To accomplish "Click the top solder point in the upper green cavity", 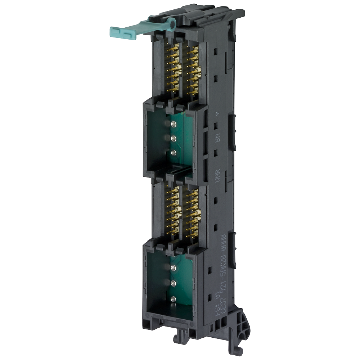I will (x=174, y=124).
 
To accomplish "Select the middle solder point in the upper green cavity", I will (x=174, y=138).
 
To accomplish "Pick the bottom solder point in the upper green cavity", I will (x=174, y=153).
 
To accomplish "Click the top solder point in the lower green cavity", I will (x=173, y=267).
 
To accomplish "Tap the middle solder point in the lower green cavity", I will (x=173, y=283).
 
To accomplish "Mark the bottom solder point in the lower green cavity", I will (x=173, y=298).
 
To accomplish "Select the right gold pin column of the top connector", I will (x=193, y=70).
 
